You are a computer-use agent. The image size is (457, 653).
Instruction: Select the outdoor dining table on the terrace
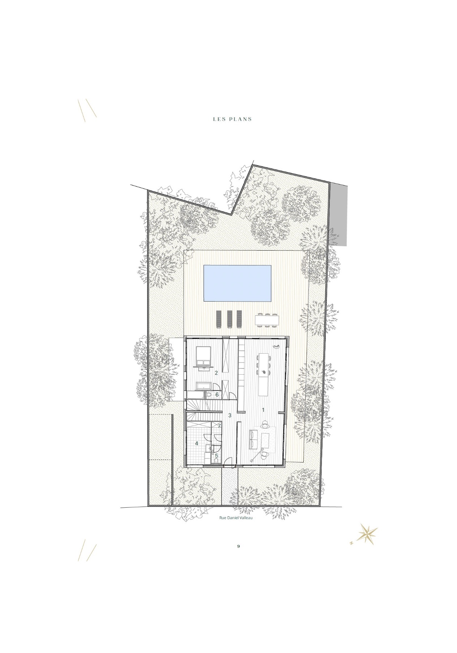pos(268,320)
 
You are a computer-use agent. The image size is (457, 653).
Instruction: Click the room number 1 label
pos(263,410)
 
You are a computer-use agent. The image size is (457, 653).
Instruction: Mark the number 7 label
pos(219,426)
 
